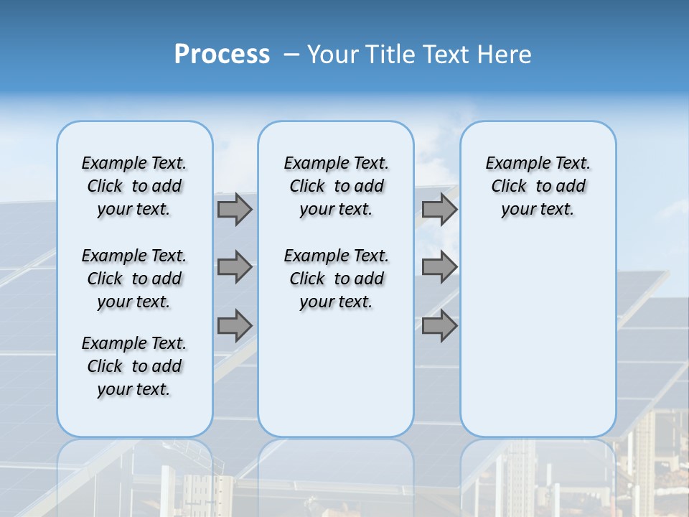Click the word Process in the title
point(222,54)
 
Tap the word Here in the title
point(506,54)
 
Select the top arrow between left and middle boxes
point(235,209)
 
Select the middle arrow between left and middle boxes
point(235,267)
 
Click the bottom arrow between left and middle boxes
point(235,325)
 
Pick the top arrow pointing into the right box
point(439,209)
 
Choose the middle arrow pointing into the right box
point(439,267)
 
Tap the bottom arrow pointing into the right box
point(439,325)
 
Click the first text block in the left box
point(134,186)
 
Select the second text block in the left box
point(134,279)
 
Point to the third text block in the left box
point(134,366)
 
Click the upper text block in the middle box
point(336,186)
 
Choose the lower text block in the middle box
point(336,279)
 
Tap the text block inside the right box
point(538,186)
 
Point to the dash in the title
point(291,55)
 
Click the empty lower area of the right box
point(538,337)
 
